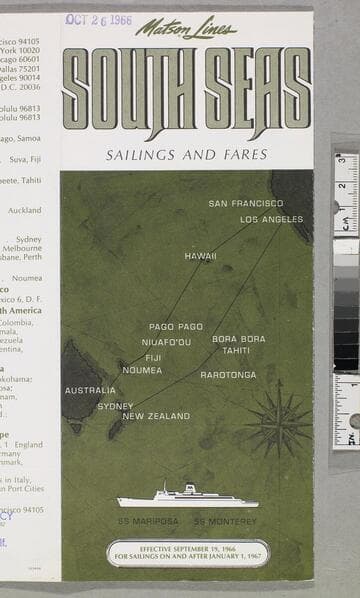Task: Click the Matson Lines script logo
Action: (x=186, y=29)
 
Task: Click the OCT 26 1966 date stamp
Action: (x=99, y=19)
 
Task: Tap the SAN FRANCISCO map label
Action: (x=246, y=203)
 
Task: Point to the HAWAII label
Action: (x=200, y=256)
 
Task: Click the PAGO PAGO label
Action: (x=176, y=326)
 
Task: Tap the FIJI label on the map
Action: (x=153, y=357)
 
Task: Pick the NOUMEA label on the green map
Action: (x=142, y=370)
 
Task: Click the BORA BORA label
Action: (x=239, y=339)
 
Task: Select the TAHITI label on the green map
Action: (x=236, y=351)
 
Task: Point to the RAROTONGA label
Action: (x=228, y=375)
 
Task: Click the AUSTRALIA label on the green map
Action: (x=90, y=390)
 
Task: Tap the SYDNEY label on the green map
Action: (x=115, y=406)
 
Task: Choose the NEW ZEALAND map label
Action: (x=156, y=416)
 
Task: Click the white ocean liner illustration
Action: (x=187, y=497)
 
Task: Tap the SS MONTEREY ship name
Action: (x=225, y=521)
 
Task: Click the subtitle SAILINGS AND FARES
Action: (x=186, y=155)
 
